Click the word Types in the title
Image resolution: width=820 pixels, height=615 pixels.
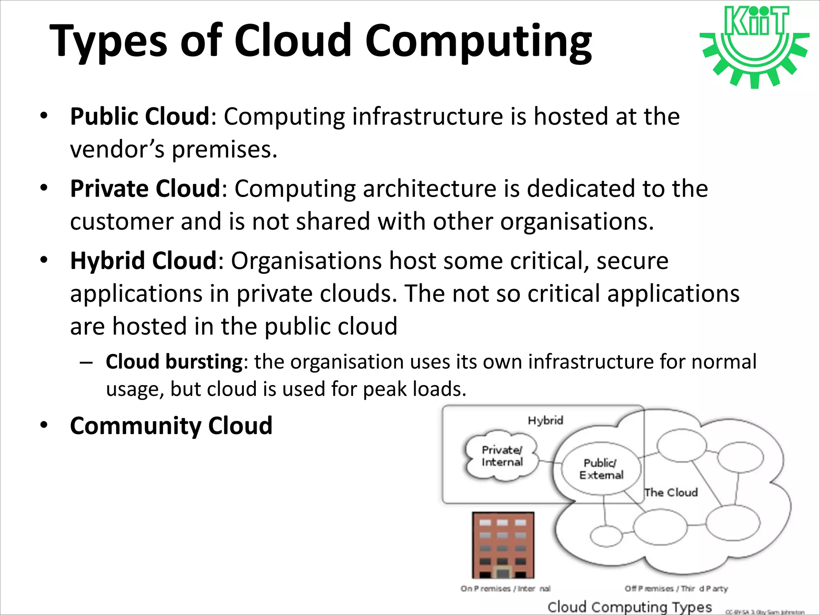[x=108, y=41]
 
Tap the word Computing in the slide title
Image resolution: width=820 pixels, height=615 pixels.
[x=478, y=41]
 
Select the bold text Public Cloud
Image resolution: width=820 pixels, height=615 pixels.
[x=140, y=117]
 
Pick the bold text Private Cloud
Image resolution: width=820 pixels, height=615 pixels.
[x=145, y=189]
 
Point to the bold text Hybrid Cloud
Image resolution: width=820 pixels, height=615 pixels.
[x=143, y=261]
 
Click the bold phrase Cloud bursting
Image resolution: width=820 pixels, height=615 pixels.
[x=174, y=362]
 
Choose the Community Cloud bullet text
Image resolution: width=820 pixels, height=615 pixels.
[x=171, y=425]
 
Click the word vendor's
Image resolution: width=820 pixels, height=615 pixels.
[x=117, y=149]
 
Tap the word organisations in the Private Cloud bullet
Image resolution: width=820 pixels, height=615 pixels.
[x=577, y=221]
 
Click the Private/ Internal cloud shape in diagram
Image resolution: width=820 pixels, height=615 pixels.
[x=502, y=456]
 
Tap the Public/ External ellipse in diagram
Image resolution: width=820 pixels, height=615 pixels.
[x=601, y=469]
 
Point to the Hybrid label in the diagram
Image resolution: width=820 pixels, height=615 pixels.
[x=545, y=420]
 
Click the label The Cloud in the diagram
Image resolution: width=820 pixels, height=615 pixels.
[x=671, y=492]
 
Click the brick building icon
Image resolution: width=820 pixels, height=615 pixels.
[x=503, y=545]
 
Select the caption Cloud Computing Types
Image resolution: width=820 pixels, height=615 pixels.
[x=629, y=607]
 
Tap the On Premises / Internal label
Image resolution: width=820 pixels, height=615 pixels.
[x=505, y=589]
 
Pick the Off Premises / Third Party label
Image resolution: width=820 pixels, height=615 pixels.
[x=676, y=589]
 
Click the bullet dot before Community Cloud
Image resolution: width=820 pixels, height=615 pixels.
[x=44, y=425]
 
